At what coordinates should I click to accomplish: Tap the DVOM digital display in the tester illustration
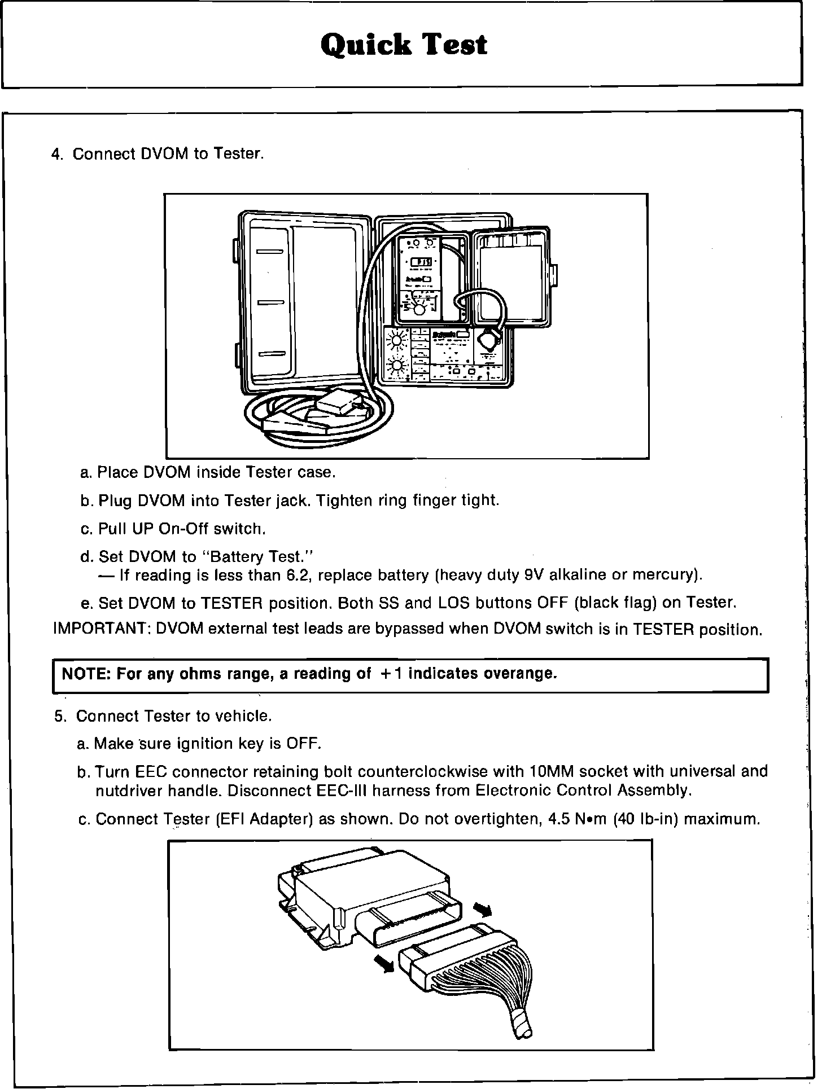(421, 262)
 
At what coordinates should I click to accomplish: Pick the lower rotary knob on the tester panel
(397, 367)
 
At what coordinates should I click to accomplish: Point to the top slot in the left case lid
(270, 252)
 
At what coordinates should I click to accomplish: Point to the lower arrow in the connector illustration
(386, 965)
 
